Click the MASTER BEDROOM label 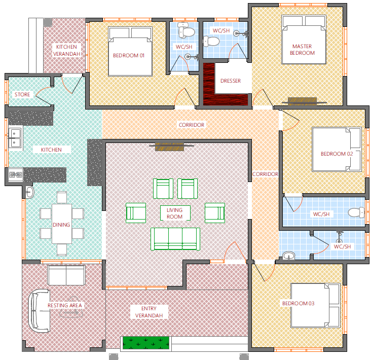302,50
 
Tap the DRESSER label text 231,81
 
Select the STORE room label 22,94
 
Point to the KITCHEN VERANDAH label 66,50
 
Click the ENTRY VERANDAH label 149,312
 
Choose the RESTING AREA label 64,305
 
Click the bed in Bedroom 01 130,51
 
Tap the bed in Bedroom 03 315,305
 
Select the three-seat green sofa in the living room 175,239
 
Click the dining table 62,224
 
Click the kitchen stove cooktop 16,175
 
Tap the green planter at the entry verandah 146,343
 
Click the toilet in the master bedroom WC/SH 211,41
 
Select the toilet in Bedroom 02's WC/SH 356,212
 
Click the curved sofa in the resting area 39,311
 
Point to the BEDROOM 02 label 337,154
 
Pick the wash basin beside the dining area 29,192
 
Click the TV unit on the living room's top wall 170,147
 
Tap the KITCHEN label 51,150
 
